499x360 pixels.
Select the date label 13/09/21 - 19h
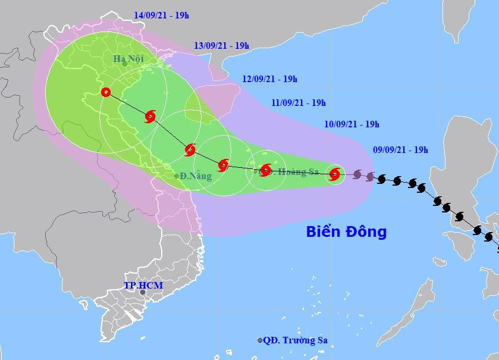click(x=222, y=45)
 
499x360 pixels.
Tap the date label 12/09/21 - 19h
click(x=269, y=79)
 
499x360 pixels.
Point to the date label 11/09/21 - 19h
click(x=298, y=102)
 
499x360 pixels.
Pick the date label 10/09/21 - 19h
click(x=352, y=124)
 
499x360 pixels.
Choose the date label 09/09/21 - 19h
click(x=400, y=150)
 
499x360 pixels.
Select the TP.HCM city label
click(x=143, y=286)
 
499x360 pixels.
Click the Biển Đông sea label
click(x=346, y=231)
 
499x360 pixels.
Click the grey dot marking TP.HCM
click(x=142, y=293)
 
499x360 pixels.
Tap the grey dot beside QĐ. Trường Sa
click(x=260, y=340)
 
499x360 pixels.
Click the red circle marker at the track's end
click(x=106, y=92)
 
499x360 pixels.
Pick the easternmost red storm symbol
click(x=334, y=174)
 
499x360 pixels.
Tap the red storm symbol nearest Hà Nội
click(x=150, y=117)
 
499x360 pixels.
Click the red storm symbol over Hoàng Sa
click(x=265, y=170)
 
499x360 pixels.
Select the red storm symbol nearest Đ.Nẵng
click(x=190, y=150)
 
